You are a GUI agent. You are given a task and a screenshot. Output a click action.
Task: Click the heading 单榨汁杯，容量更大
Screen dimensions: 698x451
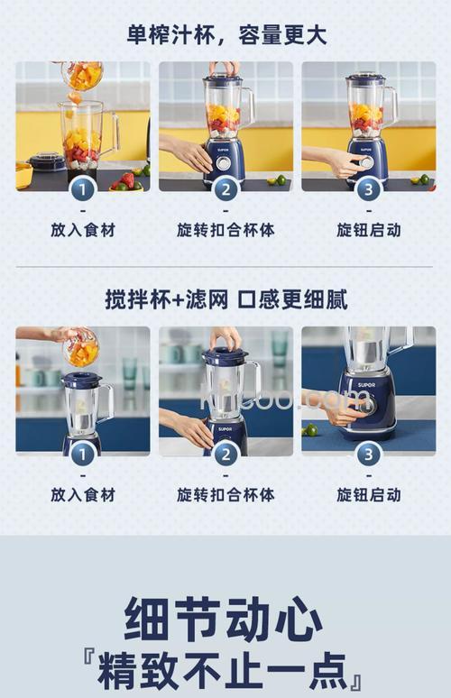pos(225,35)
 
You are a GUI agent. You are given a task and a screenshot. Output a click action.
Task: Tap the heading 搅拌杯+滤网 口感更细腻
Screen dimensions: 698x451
pos(225,299)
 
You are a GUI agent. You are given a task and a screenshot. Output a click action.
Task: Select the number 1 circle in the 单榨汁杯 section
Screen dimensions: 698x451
pos(83,188)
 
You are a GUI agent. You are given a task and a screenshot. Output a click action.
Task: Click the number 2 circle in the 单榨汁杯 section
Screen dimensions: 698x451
pos(225,188)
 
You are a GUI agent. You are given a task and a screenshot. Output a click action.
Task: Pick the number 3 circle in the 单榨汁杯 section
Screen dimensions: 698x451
pos(368,188)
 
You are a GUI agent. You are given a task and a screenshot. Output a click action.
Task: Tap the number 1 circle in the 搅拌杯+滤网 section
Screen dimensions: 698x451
pos(83,453)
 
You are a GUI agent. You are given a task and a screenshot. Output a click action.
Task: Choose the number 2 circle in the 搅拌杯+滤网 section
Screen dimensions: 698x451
pos(225,453)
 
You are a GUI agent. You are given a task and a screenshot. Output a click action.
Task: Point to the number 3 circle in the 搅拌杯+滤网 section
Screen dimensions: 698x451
pos(368,453)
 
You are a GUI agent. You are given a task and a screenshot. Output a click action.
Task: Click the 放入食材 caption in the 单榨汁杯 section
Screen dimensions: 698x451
pos(83,230)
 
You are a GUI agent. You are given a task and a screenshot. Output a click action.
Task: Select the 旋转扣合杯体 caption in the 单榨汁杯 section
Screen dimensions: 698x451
pos(225,230)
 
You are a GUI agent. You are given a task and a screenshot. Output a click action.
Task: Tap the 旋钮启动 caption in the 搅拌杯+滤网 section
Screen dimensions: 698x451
pos(368,494)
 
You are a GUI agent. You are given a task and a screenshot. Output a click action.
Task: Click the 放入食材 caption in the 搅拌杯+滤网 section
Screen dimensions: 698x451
pos(83,494)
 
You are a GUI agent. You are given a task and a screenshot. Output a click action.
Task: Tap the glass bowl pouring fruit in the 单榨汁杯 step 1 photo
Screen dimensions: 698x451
pos(83,75)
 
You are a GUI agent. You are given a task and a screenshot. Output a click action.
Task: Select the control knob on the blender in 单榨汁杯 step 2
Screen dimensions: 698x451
pos(223,163)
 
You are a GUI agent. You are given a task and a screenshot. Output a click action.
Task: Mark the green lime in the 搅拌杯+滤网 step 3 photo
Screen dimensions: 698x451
pos(310,429)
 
